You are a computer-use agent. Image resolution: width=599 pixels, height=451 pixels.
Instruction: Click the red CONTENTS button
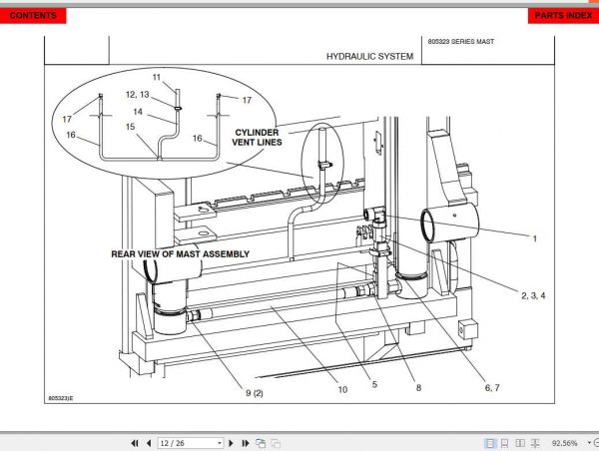point(33,16)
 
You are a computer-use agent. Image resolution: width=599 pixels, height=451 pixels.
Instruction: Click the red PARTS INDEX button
point(562,16)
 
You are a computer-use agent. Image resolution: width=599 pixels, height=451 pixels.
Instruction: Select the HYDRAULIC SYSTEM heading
point(369,57)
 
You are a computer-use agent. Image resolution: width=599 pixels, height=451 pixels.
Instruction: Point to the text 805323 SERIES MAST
point(460,42)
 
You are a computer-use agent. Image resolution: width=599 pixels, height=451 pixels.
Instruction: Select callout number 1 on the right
point(535,238)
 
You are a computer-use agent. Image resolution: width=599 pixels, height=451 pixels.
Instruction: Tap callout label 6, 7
point(492,387)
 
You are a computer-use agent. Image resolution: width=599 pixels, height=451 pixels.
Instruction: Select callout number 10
point(342,390)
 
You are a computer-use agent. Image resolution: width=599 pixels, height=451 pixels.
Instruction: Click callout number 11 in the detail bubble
point(157,77)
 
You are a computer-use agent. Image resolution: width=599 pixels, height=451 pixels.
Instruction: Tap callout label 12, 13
point(138,94)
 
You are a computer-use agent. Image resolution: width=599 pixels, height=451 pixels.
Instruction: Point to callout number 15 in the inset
point(130,127)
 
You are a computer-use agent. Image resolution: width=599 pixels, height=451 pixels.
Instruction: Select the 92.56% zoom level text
point(564,442)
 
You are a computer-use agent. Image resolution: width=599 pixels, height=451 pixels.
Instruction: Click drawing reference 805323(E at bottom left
point(61,398)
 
